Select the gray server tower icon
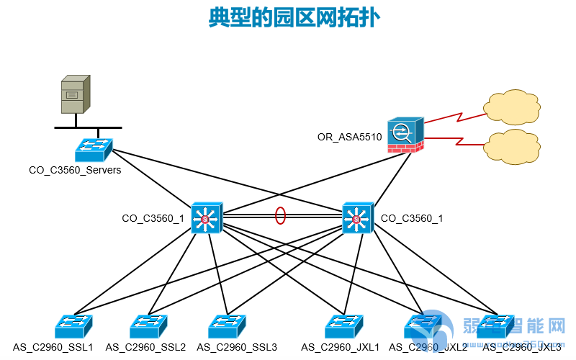pos(76,94)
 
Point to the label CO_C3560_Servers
pos(75,171)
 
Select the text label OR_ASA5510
pos(349,137)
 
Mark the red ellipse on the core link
pos(280,215)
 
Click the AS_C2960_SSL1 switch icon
pos(73,327)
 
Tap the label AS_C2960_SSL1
pos(53,347)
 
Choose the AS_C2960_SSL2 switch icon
pos(149,327)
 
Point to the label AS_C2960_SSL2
pos(145,347)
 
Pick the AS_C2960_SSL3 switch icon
pos(228,327)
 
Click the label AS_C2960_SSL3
pos(237,347)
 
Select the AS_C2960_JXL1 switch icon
pos(343,327)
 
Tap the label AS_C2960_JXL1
pos(341,347)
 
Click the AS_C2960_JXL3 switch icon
pos(495,327)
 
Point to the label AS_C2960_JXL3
pos(522,347)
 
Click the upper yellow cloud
pos(512,107)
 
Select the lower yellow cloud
pos(512,146)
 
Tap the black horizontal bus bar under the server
pos(88,127)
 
